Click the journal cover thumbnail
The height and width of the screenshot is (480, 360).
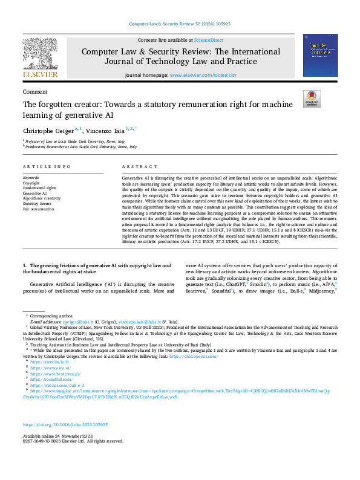pos(320,54)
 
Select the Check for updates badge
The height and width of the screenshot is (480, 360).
pos(312,99)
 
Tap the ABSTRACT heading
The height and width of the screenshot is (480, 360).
pos(136,166)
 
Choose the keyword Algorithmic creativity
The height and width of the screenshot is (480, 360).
pos(42,198)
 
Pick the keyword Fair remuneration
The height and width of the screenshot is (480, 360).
pos(38,209)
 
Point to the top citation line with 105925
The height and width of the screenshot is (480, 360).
pos(180,24)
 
